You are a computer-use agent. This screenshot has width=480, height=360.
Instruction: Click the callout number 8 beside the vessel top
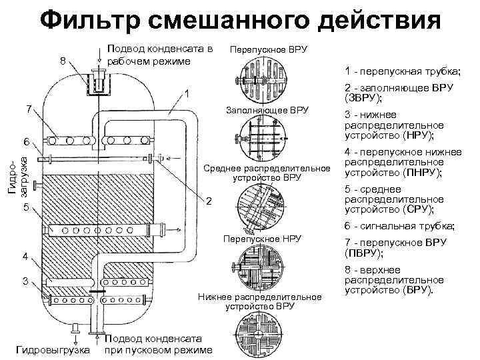(x=63, y=61)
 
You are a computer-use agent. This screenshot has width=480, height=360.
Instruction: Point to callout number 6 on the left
(x=25, y=142)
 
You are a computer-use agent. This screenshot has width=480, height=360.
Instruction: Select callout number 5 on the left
(x=25, y=208)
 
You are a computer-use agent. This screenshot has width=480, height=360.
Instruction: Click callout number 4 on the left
(x=25, y=257)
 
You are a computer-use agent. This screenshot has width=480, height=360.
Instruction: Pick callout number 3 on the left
(x=25, y=281)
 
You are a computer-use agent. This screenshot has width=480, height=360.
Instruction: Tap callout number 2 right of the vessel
(x=209, y=202)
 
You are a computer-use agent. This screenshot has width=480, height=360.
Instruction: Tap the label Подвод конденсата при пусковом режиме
(x=158, y=344)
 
